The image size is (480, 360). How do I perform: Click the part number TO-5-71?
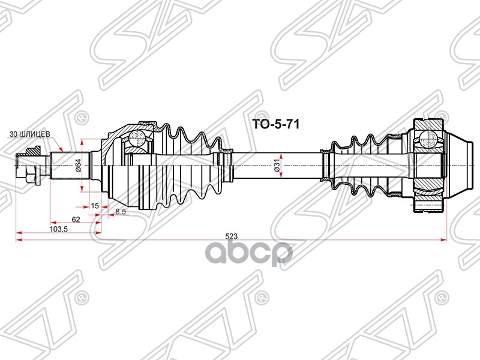[274, 124]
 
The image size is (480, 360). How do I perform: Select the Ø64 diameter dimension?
[78, 161]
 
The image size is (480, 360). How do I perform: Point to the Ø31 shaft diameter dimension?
[277, 162]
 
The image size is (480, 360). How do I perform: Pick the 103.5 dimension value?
[58, 229]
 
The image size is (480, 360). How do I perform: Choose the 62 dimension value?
[76, 220]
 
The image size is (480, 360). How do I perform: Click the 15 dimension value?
[95, 206]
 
